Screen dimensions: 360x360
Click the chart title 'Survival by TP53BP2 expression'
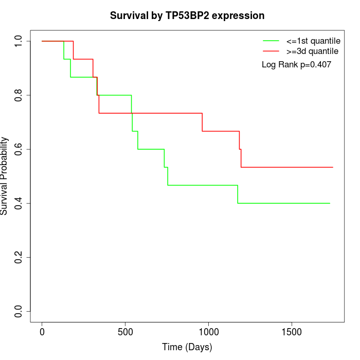187,16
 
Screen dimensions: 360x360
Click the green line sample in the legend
271,41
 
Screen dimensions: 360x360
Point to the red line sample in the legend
271,51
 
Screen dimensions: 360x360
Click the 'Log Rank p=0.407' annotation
296,65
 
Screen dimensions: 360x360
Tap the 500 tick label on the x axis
125,332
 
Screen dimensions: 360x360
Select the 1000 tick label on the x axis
208,332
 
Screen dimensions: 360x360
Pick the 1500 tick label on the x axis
292,332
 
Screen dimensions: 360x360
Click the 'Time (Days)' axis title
187,347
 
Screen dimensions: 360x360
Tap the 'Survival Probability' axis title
5,176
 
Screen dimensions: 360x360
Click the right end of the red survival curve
333,167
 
